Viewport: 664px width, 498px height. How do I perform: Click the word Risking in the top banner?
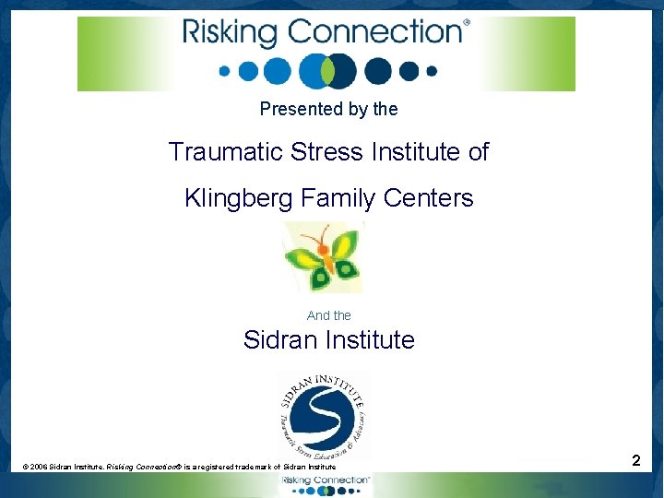point(231,33)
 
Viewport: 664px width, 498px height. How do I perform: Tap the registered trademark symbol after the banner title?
point(466,23)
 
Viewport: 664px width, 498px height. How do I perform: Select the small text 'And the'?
point(329,315)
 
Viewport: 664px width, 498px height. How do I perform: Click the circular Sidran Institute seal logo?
point(323,415)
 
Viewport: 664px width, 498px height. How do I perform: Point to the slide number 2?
point(636,460)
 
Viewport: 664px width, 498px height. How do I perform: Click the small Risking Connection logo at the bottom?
point(326,485)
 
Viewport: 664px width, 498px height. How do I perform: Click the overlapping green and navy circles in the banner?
point(328,70)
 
